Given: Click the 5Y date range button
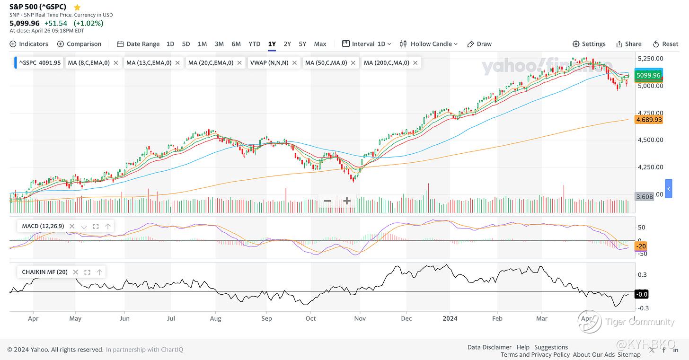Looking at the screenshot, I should coord(302,44).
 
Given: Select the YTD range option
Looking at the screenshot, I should coord(255,44).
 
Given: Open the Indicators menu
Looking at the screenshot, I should coord(29,44).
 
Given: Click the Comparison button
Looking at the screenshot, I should coord(79,44).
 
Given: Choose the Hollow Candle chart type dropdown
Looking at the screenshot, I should coord(429,44).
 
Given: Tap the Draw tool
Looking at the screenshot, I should coord(479,44).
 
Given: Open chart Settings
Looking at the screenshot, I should coord(589,44).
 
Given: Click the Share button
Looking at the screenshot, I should coord(629,44).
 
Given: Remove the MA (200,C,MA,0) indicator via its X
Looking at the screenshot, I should coord(415,62).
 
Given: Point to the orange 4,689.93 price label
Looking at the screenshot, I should coord(649,120).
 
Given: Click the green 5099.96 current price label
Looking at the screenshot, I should coord(648,75).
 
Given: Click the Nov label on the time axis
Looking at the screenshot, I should coord(360,318).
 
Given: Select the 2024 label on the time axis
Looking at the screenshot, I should coord(450,318).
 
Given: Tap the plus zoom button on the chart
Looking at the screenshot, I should coord(347,201).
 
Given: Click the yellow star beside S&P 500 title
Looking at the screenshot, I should coord(77,7).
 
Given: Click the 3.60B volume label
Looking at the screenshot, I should coord(645,196).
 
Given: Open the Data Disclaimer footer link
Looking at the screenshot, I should coord(489,347).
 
